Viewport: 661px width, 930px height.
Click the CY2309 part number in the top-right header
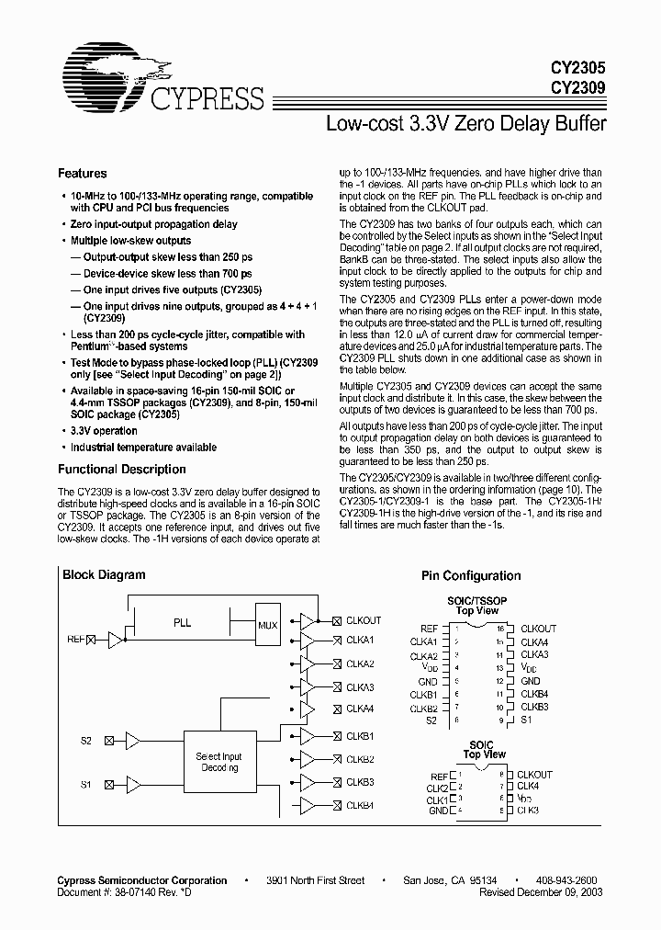click(x=577, y=89)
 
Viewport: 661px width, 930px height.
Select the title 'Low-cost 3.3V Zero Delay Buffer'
click(x=466, y=123)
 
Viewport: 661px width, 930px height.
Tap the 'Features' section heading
click(x=82, y=174)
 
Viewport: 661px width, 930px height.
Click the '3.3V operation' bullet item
click(x=104, y=431)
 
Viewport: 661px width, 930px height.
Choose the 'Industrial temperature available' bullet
click(x=143, y=448)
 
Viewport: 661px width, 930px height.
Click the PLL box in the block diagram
click(x=182, y=623)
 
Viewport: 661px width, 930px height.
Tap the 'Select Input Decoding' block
click(x=220, y=762)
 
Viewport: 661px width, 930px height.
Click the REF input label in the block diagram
click(x=74, y=639)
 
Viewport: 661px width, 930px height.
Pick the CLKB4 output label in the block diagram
click(x=360, y=806)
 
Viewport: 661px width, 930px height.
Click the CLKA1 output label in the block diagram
click(x=360, y=640)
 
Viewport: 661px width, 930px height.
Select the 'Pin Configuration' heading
click(x=470, y=576)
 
